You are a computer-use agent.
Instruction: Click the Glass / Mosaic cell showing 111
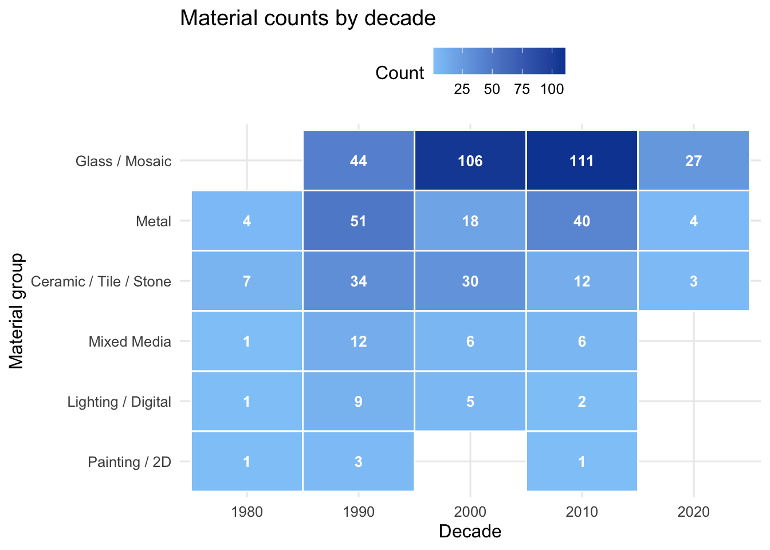pos(582,160)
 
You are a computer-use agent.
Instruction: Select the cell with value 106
pos(470,160)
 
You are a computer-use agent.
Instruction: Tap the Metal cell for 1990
pos(358,221)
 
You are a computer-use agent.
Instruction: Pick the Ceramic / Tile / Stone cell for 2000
pos(470,281)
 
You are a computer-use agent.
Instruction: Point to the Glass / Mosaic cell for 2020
pos(693,160)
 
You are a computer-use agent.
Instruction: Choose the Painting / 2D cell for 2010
pos(582,462)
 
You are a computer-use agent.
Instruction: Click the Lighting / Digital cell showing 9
pos(358,402)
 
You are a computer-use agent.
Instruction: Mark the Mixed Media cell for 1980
pos(246,341)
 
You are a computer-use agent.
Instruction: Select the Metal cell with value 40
pos(582,221)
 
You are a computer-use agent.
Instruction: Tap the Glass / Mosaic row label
pos(123,161)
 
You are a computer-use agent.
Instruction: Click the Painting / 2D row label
pos(129,462)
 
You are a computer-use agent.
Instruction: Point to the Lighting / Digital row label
pos(119,402)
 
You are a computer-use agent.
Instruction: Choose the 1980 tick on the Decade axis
pos(247,512)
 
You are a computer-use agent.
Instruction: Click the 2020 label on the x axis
pos(693,512)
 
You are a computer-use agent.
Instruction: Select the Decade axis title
pos(470,532)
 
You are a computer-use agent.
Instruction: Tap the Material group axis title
pos(17,311)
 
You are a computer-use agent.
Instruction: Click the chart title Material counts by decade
pos(308,18)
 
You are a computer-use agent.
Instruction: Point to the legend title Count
pos(399,73)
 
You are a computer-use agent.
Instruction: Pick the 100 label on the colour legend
pos(552,89)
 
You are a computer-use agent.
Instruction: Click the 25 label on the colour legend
pos(462,89)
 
